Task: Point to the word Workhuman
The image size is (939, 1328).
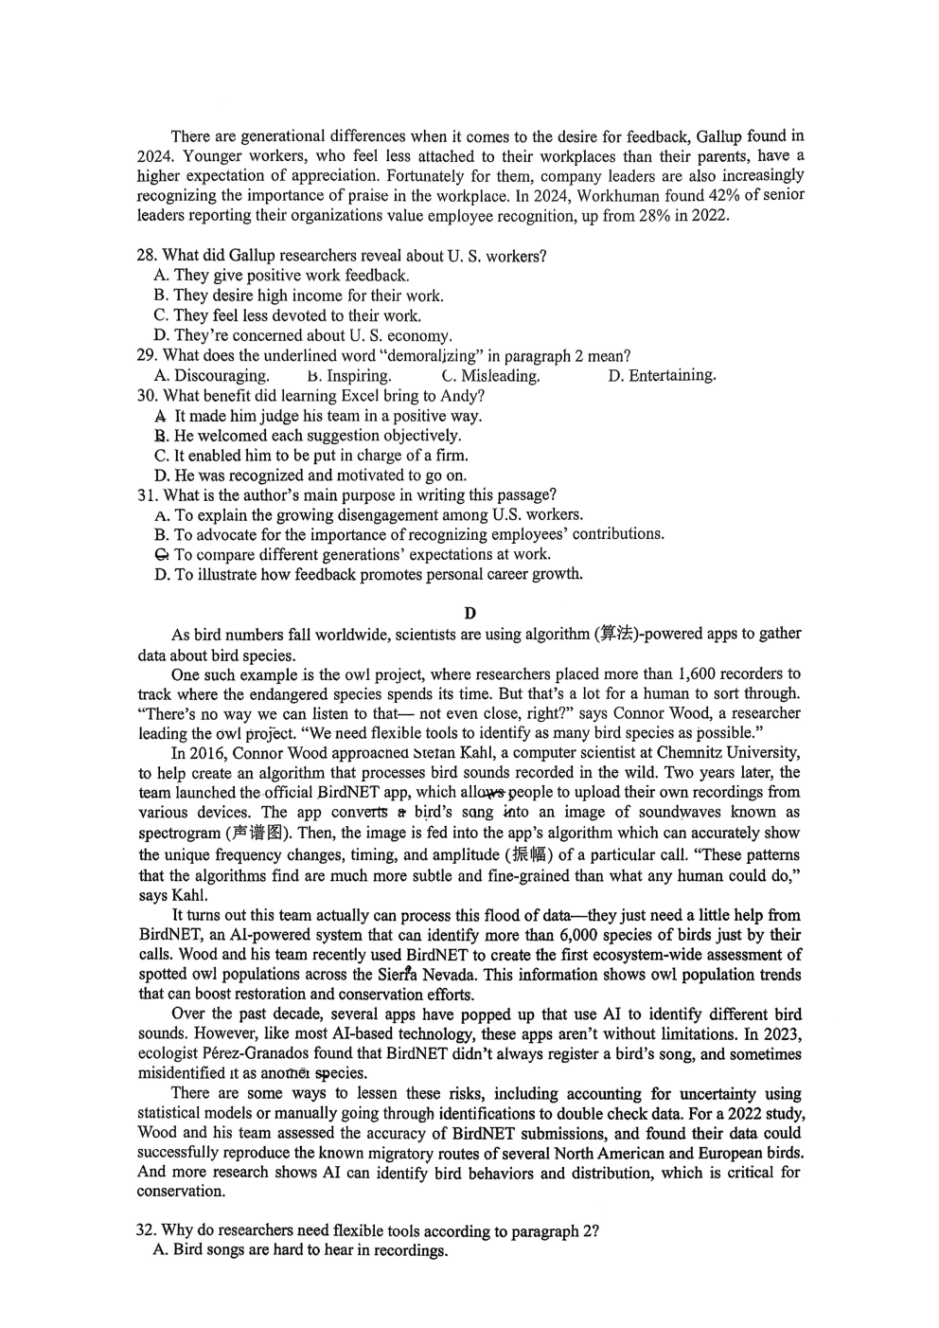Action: (x=621, y=195)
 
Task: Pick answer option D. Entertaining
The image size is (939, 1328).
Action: (x=662, y=376)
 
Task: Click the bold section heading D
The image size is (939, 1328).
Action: (x=469, y=614)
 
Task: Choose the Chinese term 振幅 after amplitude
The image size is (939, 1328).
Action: (x=531, y=854)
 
